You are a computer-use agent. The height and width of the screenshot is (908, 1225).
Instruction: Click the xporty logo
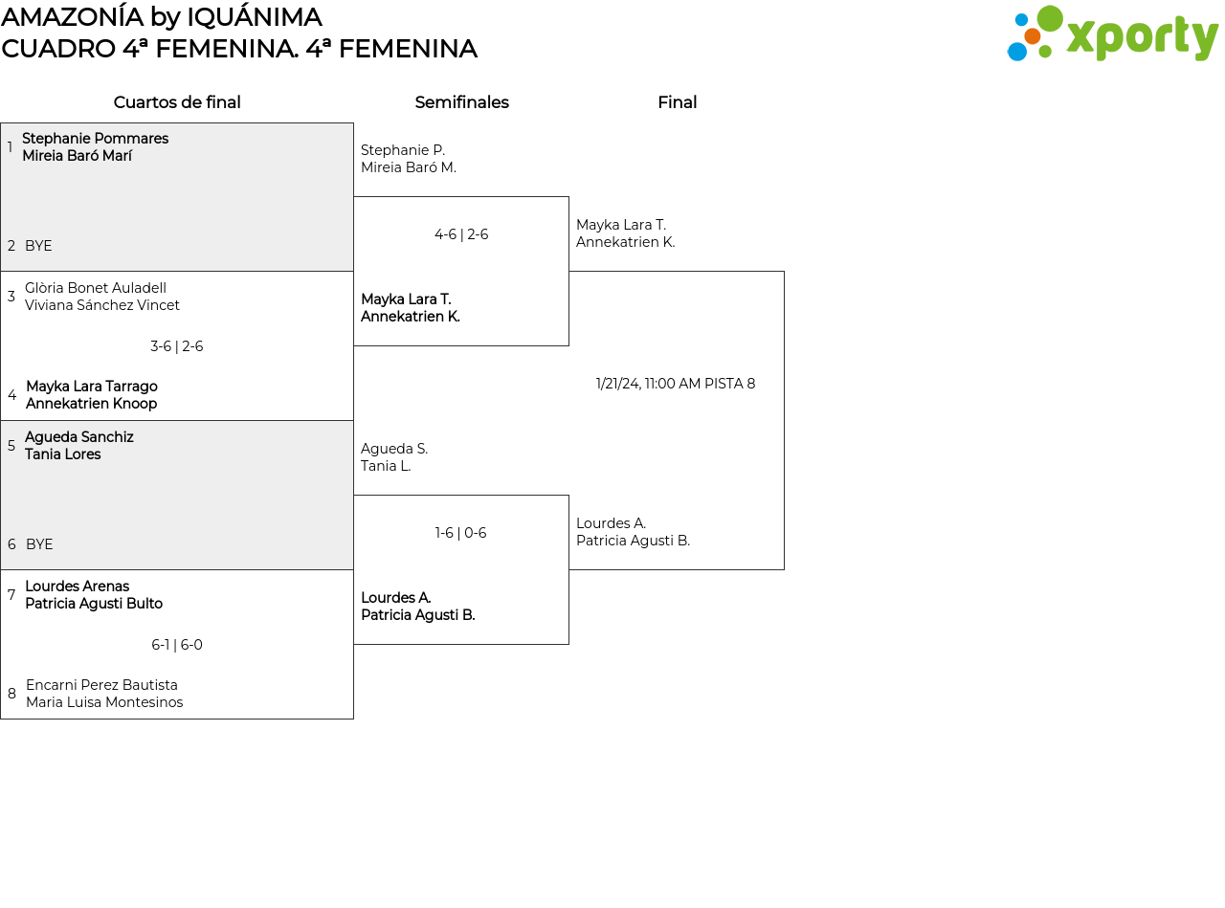point(1112,33)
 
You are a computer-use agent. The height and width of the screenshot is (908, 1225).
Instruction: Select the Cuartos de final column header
point(177,102)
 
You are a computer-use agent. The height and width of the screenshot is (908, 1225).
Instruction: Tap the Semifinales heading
point(461,102)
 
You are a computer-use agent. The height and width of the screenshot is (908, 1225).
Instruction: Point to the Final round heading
point(678,102)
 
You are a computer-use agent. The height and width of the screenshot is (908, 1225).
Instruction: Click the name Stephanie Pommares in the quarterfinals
point(95,138)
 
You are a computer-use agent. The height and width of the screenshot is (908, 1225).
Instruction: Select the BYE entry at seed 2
point(38,246)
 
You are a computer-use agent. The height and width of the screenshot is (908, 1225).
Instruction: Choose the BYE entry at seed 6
point(39,544)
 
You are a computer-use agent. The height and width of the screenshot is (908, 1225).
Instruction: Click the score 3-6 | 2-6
point(177,346)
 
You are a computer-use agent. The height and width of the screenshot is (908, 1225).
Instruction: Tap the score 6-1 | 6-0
point(177,645)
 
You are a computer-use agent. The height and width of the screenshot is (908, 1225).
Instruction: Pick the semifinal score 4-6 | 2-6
point(461,234)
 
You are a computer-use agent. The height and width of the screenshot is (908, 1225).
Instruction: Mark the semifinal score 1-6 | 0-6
point(460,532)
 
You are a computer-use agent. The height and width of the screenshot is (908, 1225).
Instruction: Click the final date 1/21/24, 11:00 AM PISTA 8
point(676,384)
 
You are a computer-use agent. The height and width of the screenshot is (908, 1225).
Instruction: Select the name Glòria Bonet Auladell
point(96,288)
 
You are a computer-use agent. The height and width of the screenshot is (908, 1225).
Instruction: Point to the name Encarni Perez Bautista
point(101,685)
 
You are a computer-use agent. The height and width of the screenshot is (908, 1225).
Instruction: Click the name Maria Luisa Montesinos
point(104,702)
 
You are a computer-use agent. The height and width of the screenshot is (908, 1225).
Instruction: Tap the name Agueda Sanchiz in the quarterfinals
point(79,437)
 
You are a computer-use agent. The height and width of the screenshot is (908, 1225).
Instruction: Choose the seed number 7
point(11,594)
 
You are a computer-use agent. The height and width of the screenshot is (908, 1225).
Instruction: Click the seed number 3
point(11,296)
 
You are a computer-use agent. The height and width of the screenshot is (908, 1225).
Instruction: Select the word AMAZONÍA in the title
point(72,16)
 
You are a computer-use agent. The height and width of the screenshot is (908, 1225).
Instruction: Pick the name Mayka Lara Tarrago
point(92,386)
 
